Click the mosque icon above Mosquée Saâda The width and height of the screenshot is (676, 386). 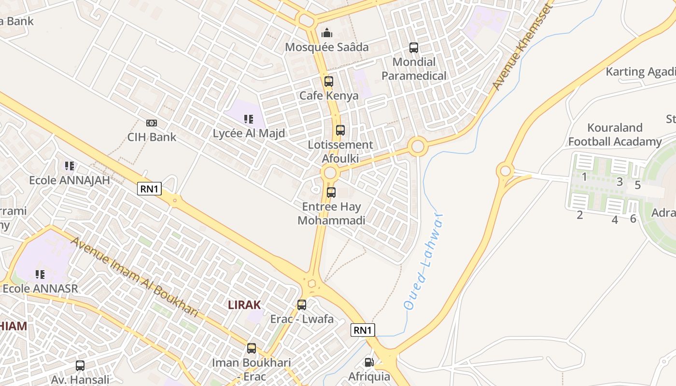tap(327, 33)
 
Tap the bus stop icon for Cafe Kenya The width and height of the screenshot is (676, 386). tap(329, 82)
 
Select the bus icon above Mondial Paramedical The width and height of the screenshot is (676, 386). tap(414, 48)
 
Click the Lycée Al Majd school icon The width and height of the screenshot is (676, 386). tap(249, 119)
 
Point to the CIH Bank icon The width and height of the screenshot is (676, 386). tap(152, 123)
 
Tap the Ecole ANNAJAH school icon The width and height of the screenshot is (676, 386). tap(70, 166)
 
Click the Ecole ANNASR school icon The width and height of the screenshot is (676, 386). tap(40, 275)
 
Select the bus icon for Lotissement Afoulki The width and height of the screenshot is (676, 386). tap(340, 130)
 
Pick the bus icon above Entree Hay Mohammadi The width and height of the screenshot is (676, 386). tap(331, 193)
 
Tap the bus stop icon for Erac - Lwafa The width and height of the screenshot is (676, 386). tap(302, 305)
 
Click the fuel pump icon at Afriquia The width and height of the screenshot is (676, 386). tap(369, 362)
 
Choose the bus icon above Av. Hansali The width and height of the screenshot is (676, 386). tap(80, 366)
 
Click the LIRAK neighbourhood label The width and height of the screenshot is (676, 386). tap(244, 305)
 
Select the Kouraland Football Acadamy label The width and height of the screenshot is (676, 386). tap(615, 135)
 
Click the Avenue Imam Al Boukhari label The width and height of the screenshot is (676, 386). tap(135, 277)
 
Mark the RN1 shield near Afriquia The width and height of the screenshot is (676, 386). tap(363, 330)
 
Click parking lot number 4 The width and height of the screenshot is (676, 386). tap(615, 220)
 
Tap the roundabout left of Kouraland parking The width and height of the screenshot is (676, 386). tap(506, 170)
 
